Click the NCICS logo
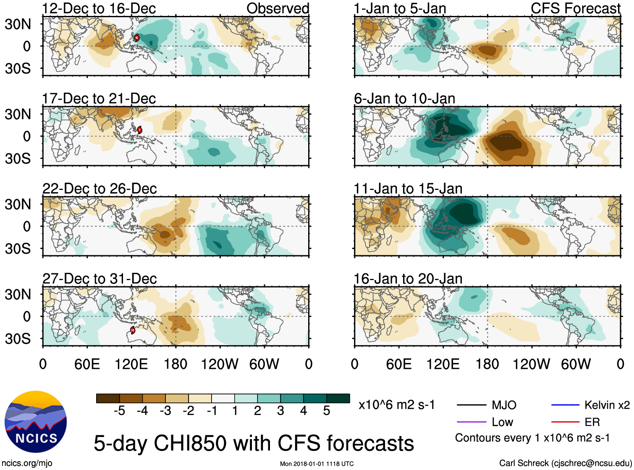[x=36, y=422]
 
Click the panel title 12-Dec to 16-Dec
[x=99, y=8]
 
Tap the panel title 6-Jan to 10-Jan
[x=404, y=99]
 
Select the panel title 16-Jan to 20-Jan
[x=408, y=279]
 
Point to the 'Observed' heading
[x=278, y=8]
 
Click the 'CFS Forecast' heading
[x=575, y=8]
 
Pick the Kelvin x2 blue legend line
[x=565, y=405]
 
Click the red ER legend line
[x=565, y=422]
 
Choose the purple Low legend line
[x=472, y=422]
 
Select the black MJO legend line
[x=472, y=405]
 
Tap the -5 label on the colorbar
[x=119, y=411]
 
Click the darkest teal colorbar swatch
[x=338, y=398]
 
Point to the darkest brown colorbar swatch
[x=108, y=398]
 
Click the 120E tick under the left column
[x=131, y=364]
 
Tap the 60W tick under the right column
[x=576, y=364]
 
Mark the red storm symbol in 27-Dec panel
[x=133, y=330]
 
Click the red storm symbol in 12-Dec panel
[x=136, y=38]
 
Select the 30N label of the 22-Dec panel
[x=18, y=205]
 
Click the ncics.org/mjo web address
[x=27, y=463]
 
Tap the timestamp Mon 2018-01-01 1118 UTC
[x=317, y=464]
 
